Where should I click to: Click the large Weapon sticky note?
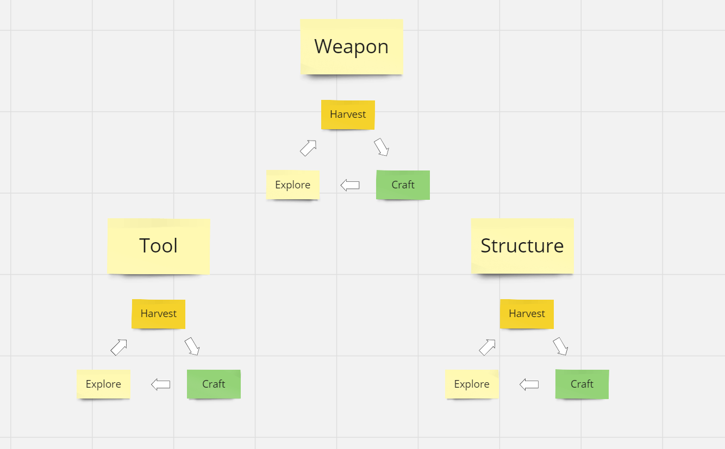pyautogui.click(x=352, y=47)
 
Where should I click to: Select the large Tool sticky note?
pyautogui.click(x=159, y=246)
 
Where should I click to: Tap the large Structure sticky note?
pyautogui.click(x=522, y=246)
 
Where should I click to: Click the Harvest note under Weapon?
pyautogui.click(x=348, y=115)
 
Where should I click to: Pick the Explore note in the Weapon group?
pyautogui.click(x=292, y=185)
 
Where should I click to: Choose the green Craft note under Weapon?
pyautogui.click(x=403, y=185)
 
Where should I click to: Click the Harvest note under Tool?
pyautogui.click(x=158, y=314)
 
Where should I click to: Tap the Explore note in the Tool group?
pyautogui.click(x=103, y=384)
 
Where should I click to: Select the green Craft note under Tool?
pyautogui.click(x=214, y=384)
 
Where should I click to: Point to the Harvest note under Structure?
pyautogui.click(x=527, y=314)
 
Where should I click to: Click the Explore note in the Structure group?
pyautogui.click(x=472, y=384)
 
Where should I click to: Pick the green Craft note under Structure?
pyautogui.click(x=582, y=384)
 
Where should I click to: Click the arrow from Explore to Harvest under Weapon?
pyautogui.click(x=308, y=148)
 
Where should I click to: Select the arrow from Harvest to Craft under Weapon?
pyautogui.click(x=382, y=147)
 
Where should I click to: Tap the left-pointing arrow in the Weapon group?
pyautogui.click(x=350, y=185)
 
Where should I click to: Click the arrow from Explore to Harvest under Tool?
pyautogui.click(x=119, y=347)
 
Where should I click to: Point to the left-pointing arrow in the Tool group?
pyautogui.click(x=160, y=384)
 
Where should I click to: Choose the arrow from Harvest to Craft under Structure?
pyautogui.click(x=560, y=346)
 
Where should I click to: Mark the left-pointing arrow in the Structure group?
pyautogui.click(x=529, y=384)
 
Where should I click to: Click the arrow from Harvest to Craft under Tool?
pyautogui.click(x=192, y=346)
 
